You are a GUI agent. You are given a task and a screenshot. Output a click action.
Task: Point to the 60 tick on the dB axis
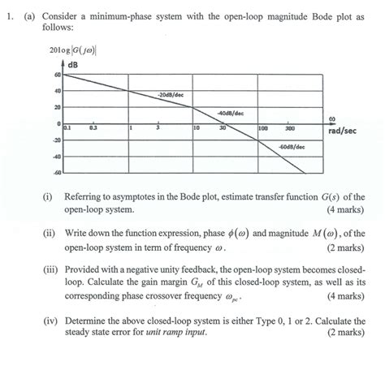57,75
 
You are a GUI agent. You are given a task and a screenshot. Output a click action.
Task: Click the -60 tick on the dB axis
56,173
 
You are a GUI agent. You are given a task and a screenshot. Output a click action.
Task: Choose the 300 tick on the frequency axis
289,128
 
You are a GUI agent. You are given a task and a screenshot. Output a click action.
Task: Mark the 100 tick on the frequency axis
263,128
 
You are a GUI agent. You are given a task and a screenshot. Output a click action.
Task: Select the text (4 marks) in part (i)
345,209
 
